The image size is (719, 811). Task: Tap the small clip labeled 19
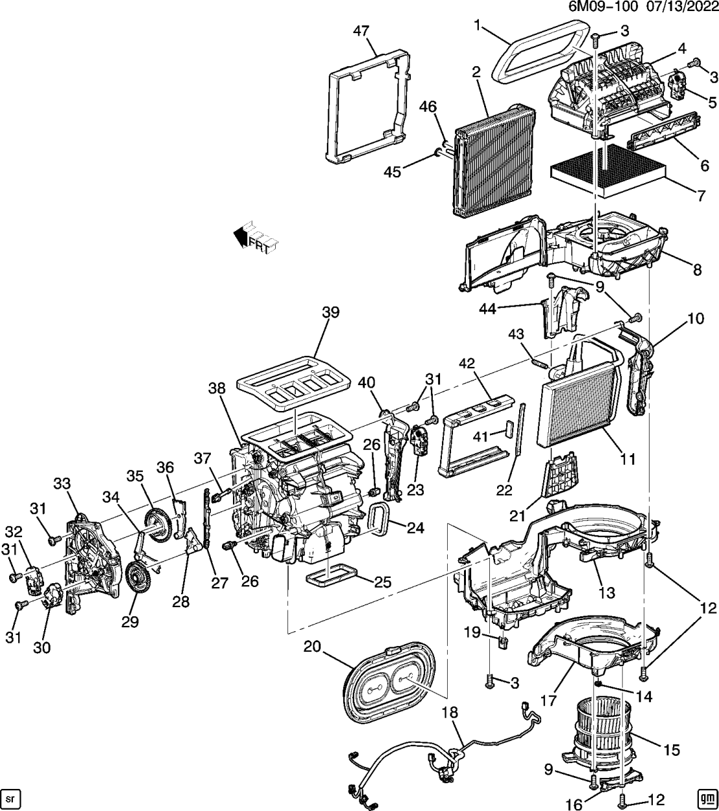click(x=502, y=642)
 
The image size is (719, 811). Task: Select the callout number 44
click(x=487, y=310)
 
